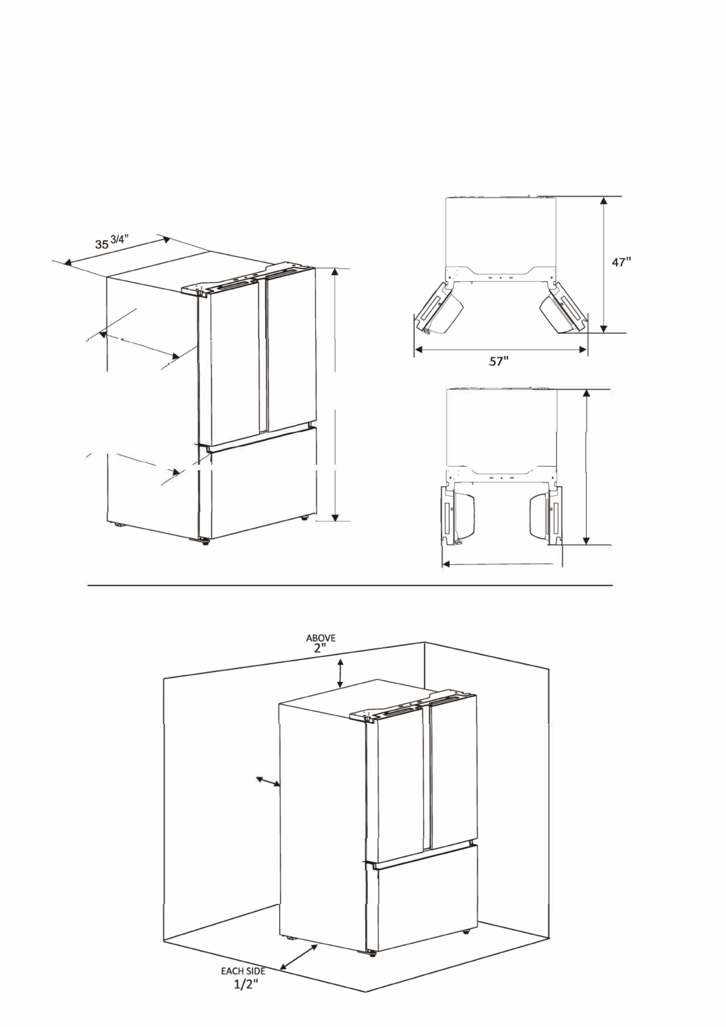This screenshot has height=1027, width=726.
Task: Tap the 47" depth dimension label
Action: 621,262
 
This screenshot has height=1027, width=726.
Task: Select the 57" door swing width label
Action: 498,362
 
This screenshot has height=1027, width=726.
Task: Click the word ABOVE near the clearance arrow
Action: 321,638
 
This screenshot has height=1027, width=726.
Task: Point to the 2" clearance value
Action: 320,648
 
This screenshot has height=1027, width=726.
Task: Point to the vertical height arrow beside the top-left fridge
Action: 335,395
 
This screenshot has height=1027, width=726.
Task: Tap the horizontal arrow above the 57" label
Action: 501,350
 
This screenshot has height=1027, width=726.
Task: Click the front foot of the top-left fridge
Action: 206,542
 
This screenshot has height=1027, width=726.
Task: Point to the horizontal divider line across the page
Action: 350,586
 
